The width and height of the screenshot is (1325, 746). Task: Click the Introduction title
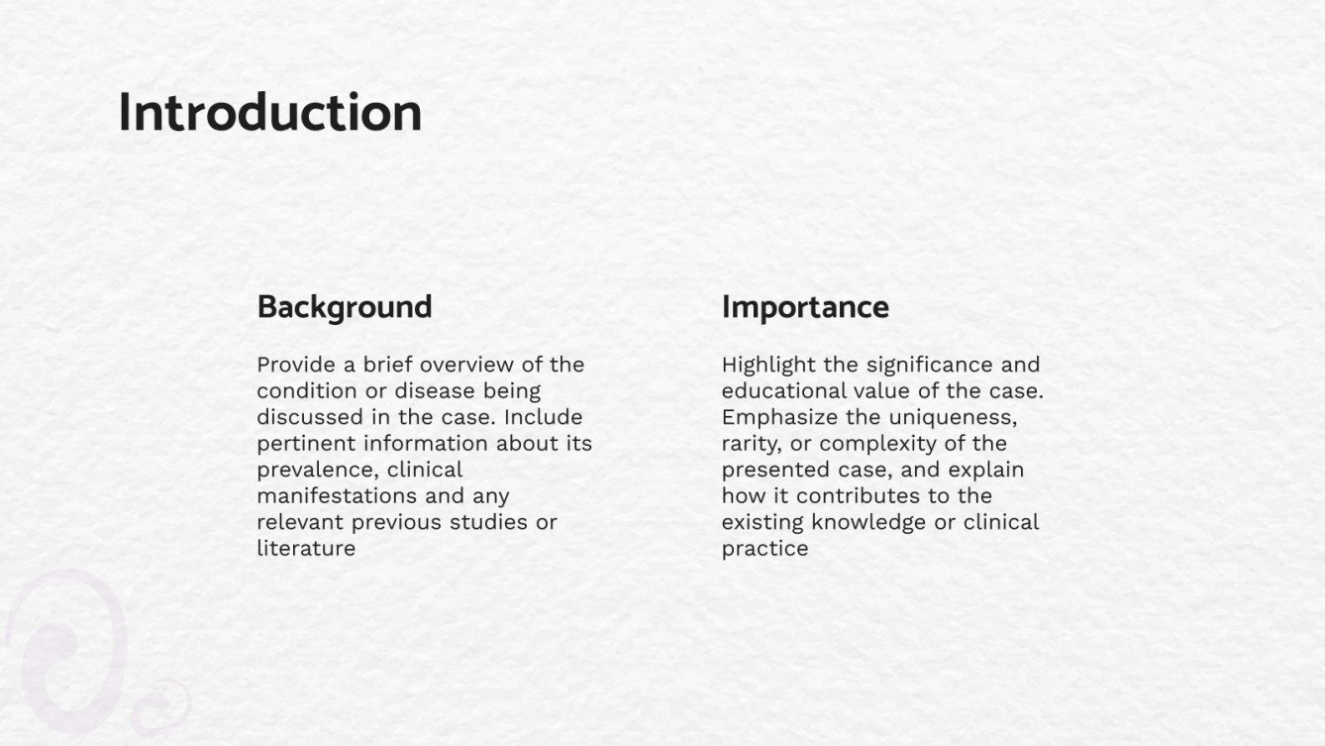(x=269, y=112)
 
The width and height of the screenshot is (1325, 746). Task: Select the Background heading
(x=344, y=307)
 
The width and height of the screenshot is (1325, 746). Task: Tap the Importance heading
(x=804, y=307)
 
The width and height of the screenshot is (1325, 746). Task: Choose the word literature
(x=305, y=548)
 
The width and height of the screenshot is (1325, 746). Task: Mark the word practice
(x=764, y=548)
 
